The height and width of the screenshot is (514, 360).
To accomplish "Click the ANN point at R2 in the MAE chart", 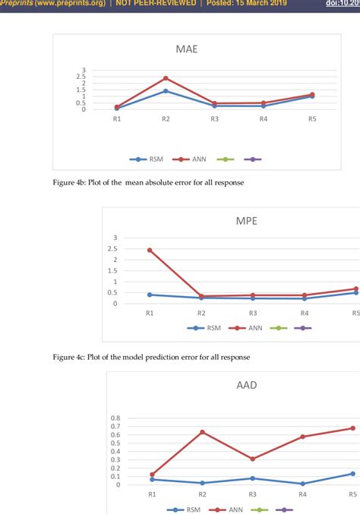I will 166,78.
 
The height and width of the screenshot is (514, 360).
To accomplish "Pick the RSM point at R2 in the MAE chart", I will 166,91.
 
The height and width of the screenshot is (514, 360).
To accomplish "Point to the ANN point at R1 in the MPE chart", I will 150,250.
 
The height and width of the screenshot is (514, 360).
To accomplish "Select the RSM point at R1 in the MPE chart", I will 150,295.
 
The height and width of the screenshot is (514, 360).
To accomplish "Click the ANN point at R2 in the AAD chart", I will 201,432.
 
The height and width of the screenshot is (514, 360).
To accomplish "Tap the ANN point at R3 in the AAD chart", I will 252,459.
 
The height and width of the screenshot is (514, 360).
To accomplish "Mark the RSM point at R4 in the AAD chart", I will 302,484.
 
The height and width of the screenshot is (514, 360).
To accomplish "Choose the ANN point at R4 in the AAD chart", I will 302,437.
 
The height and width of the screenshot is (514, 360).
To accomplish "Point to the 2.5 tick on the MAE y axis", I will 102,77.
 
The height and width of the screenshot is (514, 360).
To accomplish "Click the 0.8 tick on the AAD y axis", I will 115,418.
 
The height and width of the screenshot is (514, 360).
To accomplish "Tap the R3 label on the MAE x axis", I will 215,119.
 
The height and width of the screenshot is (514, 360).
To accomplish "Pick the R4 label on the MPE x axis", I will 304,313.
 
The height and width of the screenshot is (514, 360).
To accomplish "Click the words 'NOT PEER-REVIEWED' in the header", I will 156,5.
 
